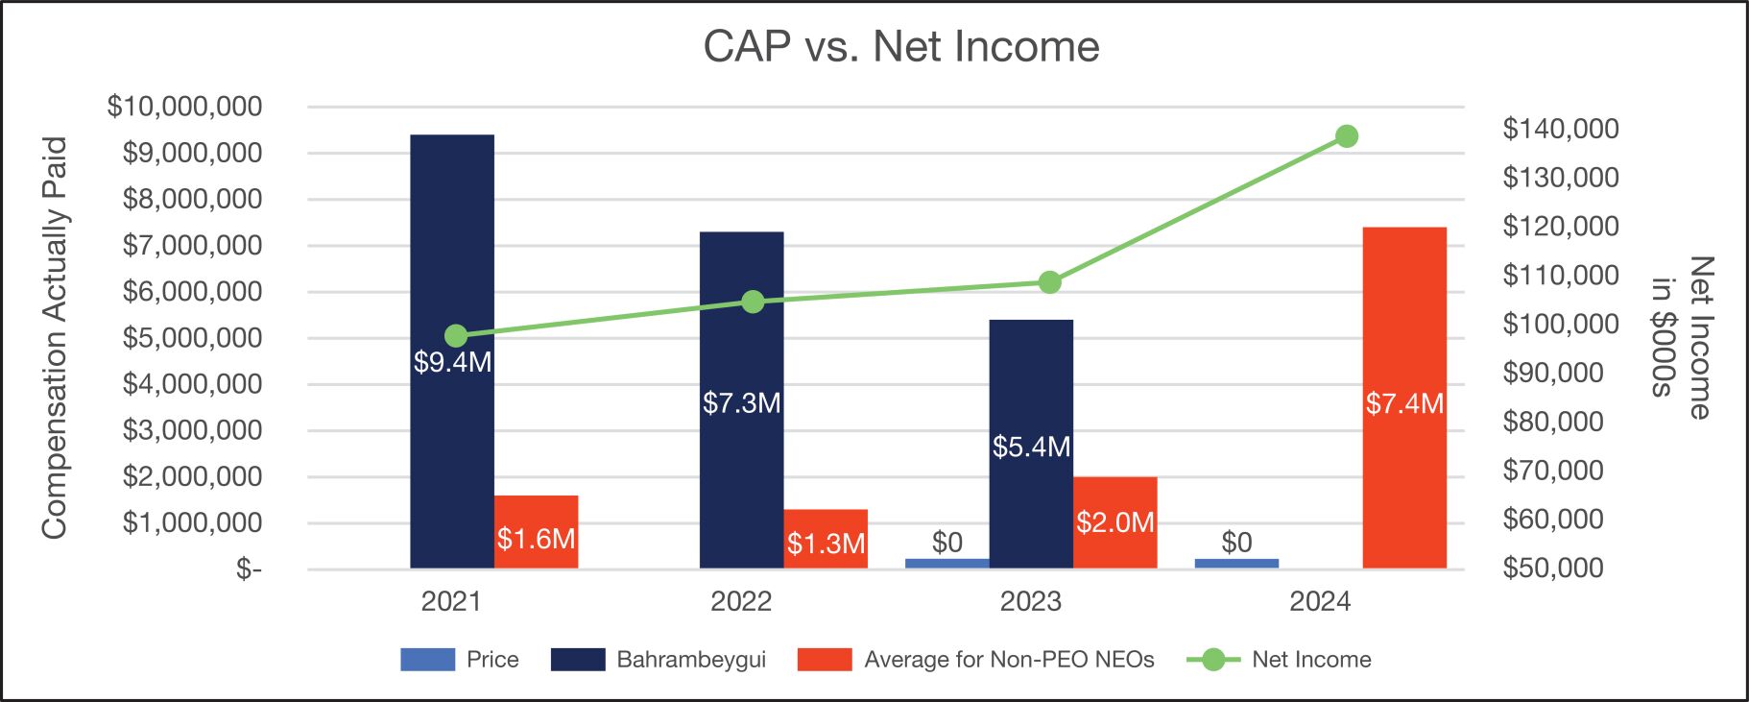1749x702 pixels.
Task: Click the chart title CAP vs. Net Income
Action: (900, 46)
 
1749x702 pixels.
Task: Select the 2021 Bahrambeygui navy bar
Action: (451, 240)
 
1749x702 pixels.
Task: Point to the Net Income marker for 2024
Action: (1347, 136)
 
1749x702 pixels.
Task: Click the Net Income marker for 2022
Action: (753, 303)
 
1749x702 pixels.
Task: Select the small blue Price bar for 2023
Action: (946, 564)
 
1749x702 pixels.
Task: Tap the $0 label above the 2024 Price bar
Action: (1236, 543)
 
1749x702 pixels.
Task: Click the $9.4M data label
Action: (452, 362)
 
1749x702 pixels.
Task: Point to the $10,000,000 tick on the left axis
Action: (184, 107)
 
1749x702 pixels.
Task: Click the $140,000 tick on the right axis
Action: (1561, 129)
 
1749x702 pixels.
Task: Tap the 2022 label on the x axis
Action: (741, 602)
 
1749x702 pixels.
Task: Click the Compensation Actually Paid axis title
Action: (55, 337)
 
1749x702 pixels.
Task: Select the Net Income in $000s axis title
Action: (1682, 337)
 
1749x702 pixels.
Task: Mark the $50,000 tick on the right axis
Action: (1553, 568)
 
